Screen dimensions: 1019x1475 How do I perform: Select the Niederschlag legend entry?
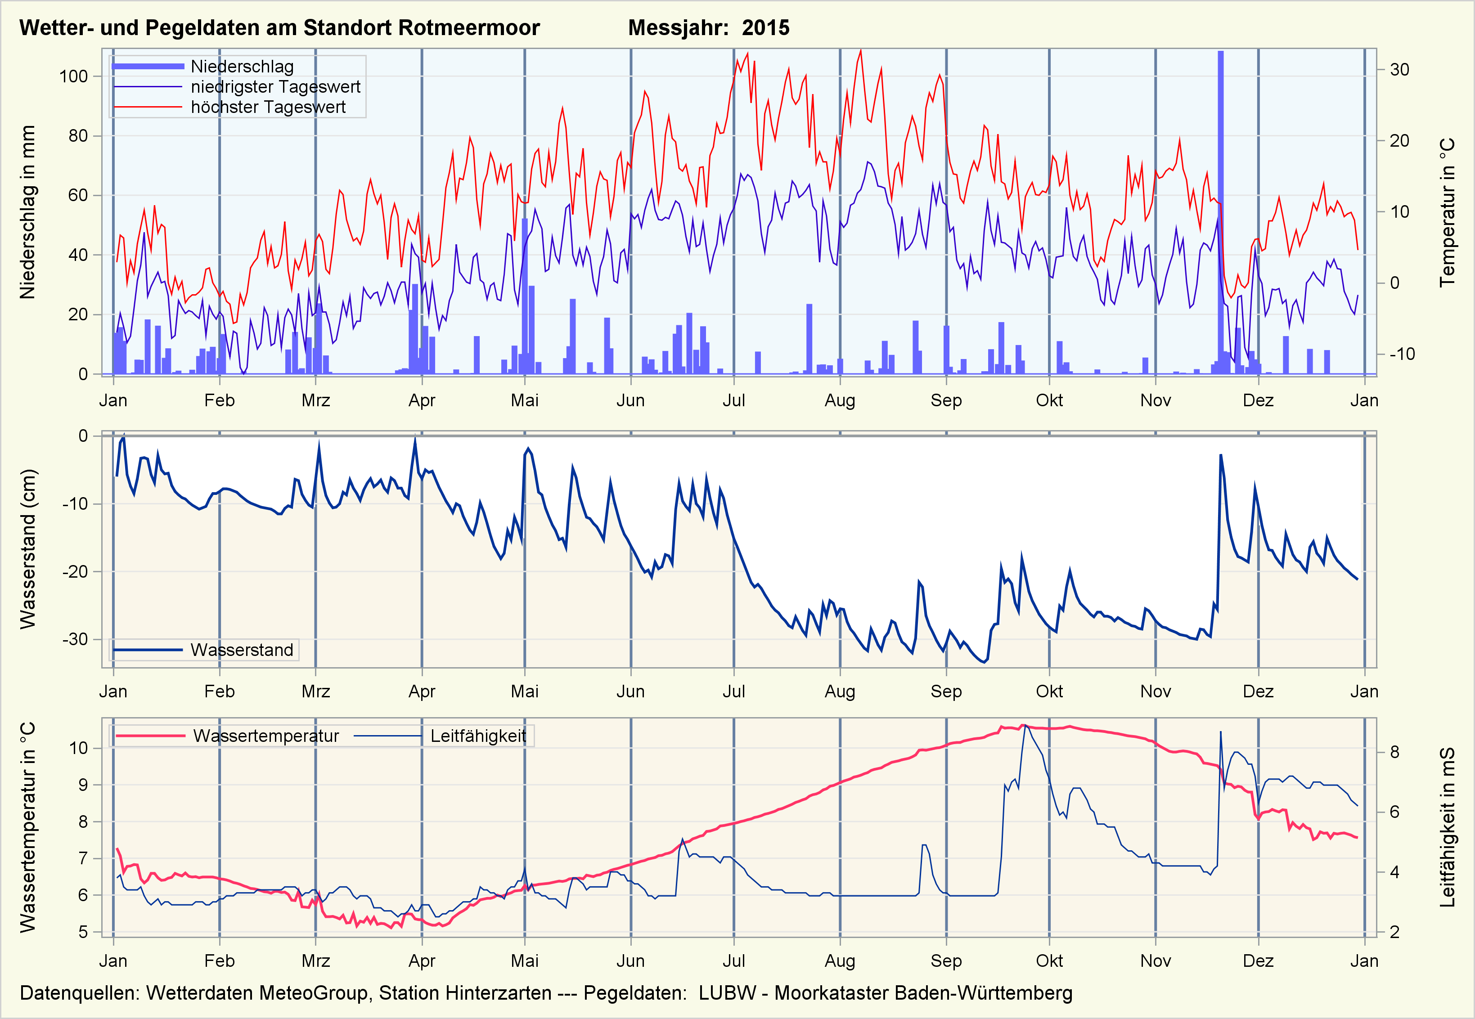pos(242,67)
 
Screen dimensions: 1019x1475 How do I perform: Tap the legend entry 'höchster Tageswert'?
pos(268,107)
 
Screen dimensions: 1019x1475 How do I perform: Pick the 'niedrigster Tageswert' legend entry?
pos(275,87)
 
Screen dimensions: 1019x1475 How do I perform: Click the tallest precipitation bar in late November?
pos(1220,211)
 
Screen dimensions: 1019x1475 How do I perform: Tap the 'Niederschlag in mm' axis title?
pos(27,212)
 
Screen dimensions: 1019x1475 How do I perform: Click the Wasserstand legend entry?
pos(241,650)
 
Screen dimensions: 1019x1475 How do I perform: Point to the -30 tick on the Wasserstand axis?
pos(75,639)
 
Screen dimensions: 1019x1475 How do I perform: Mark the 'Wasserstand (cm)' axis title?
pos(27,549)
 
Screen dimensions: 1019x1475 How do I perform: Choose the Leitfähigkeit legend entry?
pos(477,736)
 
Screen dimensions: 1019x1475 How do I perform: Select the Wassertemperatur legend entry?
pos(265,736)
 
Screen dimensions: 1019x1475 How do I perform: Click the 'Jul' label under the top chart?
pos(733,400)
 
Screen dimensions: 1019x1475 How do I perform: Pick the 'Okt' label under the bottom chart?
pos(1049,961)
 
